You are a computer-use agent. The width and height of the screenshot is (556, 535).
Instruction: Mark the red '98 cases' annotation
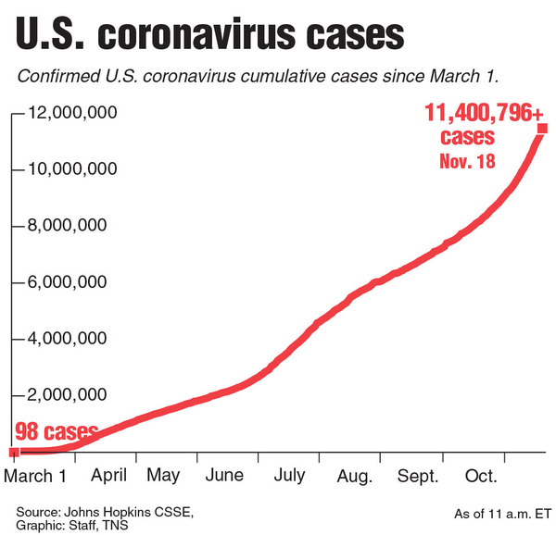[x=56, y=432]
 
